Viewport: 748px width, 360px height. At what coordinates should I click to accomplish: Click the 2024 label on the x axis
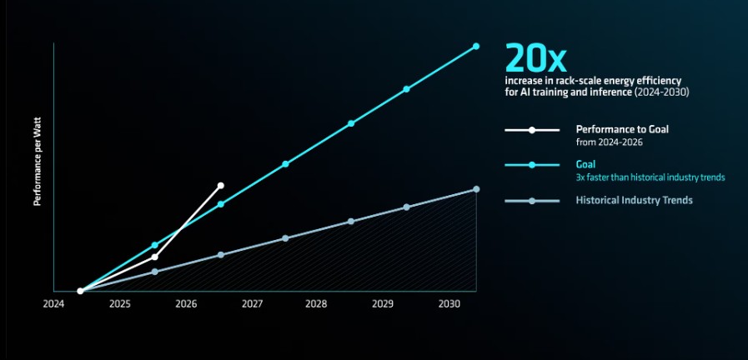[x=53, y=304]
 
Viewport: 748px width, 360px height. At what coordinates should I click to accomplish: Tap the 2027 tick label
[x=251, y=304]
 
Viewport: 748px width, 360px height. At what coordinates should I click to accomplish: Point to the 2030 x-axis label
[x=449, y=304]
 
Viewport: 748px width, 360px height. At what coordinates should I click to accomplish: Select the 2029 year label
[x=382, y=304]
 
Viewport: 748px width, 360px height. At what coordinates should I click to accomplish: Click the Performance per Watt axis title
[x=38, y=162]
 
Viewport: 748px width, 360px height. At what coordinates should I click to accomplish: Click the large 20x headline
[x=535, y=58]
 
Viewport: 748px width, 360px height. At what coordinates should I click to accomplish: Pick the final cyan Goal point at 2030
[x=476, y=47]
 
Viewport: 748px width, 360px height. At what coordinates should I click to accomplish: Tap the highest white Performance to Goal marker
[x=220, y=186]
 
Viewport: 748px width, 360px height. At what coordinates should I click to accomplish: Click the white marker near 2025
[x=154, y=257]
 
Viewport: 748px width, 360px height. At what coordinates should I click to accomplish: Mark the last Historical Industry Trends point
[x=476, y=189]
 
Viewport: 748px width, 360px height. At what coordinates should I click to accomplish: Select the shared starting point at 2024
[x=80, y=291]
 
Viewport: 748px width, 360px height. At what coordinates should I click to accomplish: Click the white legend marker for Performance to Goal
[x=532, y=130]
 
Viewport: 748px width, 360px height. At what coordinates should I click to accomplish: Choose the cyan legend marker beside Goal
[x=532, y=165]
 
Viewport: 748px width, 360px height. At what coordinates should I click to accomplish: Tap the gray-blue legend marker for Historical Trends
[x=532, y=201]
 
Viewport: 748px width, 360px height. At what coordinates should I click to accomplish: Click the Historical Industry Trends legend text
[x=634, y=200]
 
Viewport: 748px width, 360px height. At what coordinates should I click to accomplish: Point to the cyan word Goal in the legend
[x=585, y=164]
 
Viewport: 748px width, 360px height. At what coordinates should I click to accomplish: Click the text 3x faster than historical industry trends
[x=650, y=177]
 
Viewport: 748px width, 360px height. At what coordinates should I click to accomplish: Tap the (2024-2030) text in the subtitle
[x=661, y=92]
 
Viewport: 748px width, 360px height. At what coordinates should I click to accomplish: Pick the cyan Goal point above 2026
[x=220, y=204]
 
